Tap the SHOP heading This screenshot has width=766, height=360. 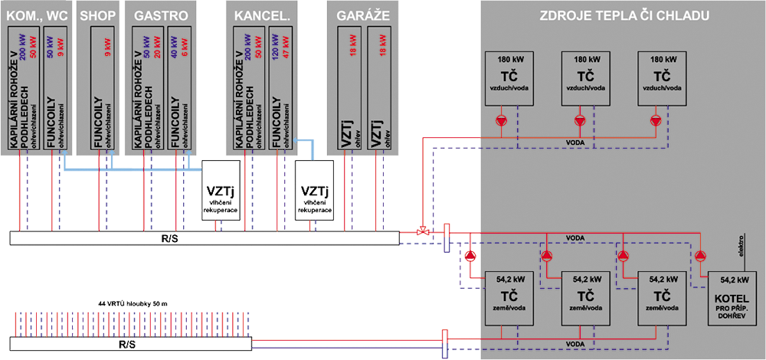(x=97, y=15)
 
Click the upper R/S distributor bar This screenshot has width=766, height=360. (x=205, y=239)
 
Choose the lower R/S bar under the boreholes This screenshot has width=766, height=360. (x=130, y=345)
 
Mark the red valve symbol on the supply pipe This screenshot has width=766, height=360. (x=421, y=231)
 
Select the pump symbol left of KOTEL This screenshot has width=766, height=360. (x=700, y=256)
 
